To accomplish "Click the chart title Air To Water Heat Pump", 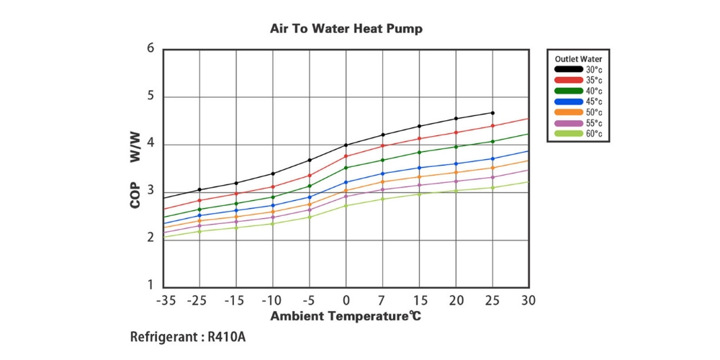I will point(346,30).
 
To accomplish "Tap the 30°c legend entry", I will point(594,70).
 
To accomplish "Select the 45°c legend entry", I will point(594,102).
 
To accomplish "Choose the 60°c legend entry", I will point(594,134).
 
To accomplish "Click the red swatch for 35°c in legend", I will point(568,81).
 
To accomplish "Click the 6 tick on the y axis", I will point(150,49).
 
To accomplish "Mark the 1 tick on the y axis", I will point(150,287).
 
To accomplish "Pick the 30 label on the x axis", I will point(529,300).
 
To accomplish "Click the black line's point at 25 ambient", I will point(492,113).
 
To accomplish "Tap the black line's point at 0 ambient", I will point(346,145).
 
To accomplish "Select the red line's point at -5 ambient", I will point(310,176).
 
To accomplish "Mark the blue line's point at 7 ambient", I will point(383,174).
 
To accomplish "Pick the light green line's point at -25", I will point(199,231).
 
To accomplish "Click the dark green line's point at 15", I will point(419,152).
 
